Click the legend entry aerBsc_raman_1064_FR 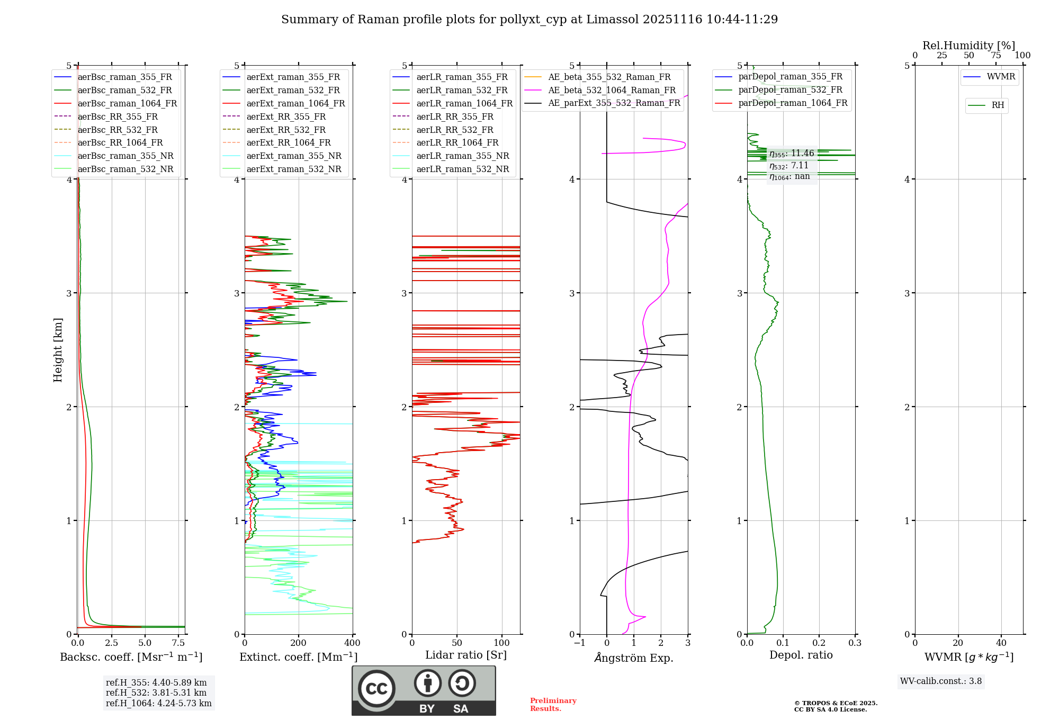coord(127,104)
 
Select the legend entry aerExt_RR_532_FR coord(286,130)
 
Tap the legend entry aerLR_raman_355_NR coord(462,156)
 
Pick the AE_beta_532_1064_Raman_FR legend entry coord(612,91)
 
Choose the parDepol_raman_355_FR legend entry coord(790,77)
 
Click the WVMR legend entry coord(1001,77)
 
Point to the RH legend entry coord(998,105)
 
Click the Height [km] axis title coord(58,350)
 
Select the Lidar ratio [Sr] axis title coord(465,655)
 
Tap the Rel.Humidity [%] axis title coord(968,46)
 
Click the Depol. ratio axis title coord(801,655)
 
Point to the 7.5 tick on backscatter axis coord(178,643)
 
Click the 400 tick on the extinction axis coord(353,643)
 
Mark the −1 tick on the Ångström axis coord(580,643)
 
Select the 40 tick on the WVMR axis coord(1001,643)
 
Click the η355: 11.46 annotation coord(791,154)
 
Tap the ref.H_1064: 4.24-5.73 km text coord(158,703)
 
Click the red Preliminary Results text coord(553,705)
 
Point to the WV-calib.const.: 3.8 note coord(940,681)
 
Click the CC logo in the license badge coord(376,689)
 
